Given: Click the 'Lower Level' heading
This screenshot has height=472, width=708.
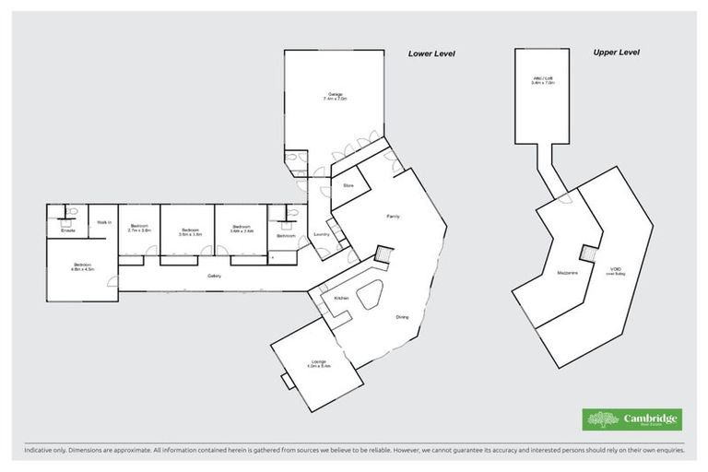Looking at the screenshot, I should pos(431,53).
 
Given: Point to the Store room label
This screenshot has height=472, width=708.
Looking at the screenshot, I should pos(348,185).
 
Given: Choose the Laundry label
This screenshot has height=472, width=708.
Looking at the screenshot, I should pos(321,234).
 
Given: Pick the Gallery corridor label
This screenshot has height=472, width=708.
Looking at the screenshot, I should pos(214,276).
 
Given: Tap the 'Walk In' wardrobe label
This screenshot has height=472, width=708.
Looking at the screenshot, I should pos(103,222).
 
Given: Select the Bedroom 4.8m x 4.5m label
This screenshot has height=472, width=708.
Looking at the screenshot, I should pos(83,268).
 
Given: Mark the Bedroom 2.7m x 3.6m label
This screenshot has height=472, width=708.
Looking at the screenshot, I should pos(139,227).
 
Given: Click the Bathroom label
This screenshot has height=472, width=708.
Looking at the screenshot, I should pos(285,236).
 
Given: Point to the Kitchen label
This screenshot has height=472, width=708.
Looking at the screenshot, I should pos(340,299).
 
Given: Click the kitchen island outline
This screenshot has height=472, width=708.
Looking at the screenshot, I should pos(372,297).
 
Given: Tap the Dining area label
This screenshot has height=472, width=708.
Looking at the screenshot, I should pos(402,317).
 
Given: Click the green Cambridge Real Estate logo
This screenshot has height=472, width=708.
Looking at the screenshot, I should pos(631,419).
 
